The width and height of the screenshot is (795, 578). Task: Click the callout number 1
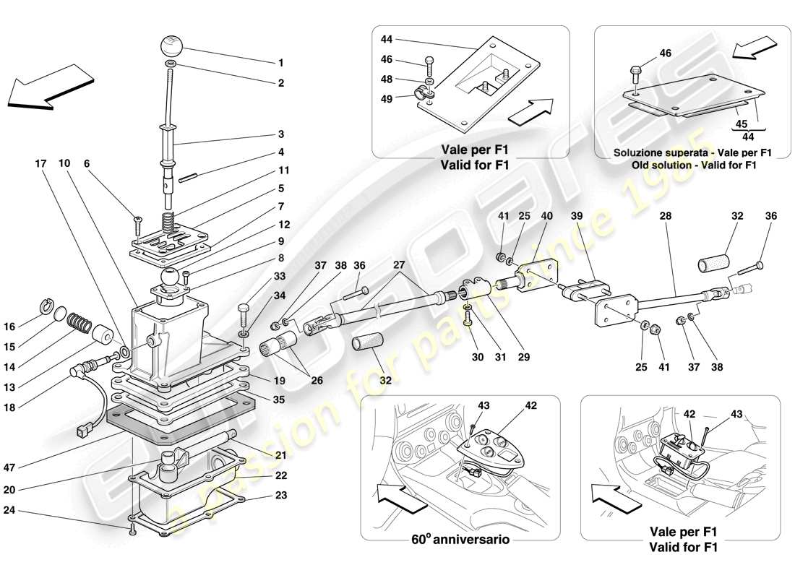[280, 63]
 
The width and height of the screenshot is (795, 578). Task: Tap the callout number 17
[40, 164]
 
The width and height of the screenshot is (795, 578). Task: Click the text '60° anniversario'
[460, 540]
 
